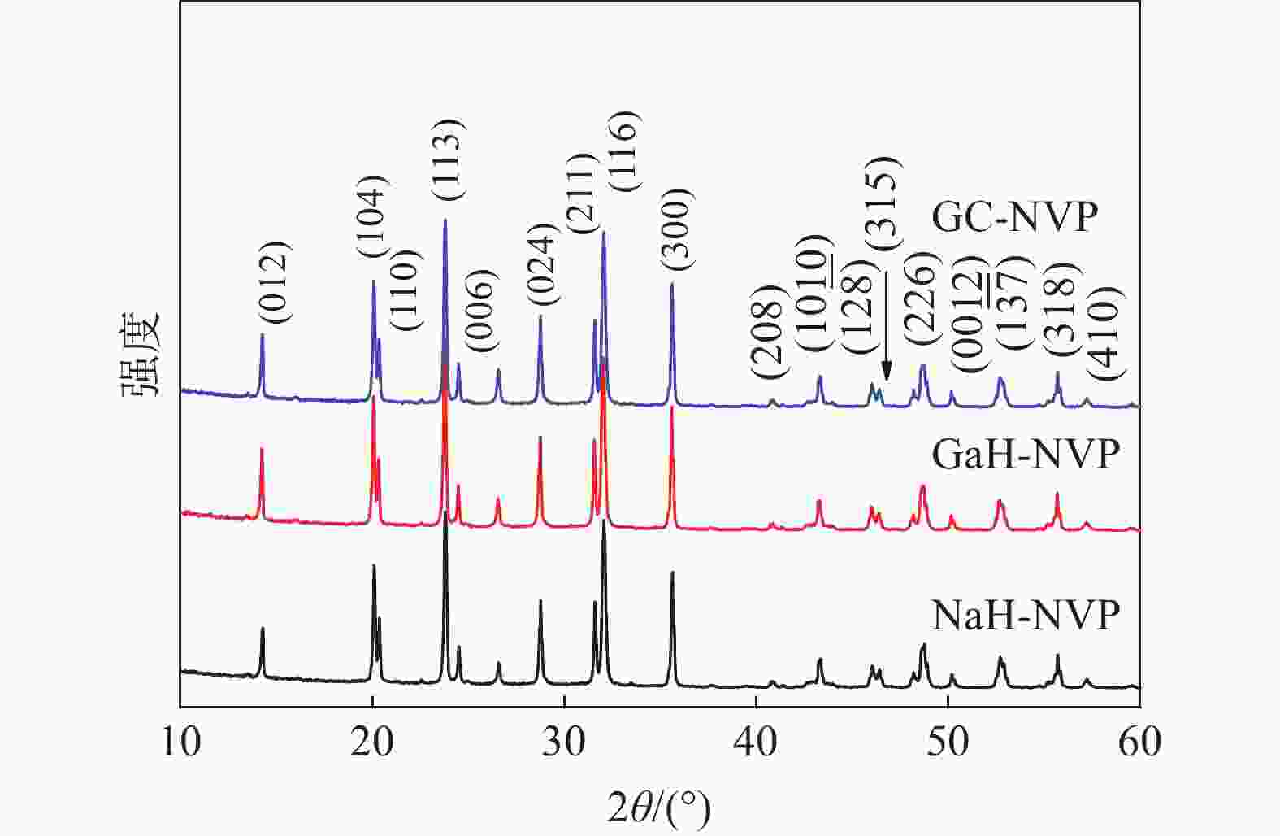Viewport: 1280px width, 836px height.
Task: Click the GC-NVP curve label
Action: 1014,217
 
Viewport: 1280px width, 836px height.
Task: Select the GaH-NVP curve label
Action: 1026,454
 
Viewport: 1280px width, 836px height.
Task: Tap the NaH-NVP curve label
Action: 1026,616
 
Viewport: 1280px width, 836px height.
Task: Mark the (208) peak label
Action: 767,331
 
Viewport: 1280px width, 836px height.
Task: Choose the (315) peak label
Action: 883,202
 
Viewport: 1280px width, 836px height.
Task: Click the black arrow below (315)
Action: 886,325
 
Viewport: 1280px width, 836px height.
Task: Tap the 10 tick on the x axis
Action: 180,742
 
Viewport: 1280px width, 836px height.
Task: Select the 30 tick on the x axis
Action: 564,742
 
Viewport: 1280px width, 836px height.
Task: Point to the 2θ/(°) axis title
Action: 659,808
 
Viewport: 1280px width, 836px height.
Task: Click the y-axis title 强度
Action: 141,355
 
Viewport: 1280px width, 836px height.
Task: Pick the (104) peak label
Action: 374,217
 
